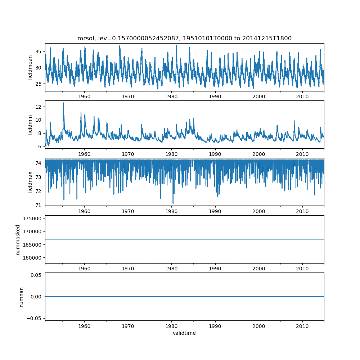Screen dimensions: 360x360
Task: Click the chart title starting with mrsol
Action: pyautogui.click(x=184, y=38)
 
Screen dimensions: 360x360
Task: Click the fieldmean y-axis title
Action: pyautogui.click(x=30, y=68)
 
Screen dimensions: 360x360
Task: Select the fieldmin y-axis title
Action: pyautogui.click(x=30, y=125)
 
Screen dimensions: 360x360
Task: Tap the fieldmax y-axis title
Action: pyautogui.click(x=30, y=182)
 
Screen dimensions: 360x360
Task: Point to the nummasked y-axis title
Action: pyautogui.click(x=18, y=239)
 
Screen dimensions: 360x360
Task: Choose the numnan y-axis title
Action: pyautogui.click(x=21, y=297)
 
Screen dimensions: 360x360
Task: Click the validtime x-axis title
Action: pyautogui.click(x=184, y=333)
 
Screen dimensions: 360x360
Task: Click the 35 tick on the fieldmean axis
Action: pyautogui.click(x=38, y=51)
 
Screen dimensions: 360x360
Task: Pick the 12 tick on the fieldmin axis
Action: pyautogui.click(x=38, y=107)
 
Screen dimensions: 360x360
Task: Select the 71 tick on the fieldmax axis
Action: pyautogui.click(x=38, y=205)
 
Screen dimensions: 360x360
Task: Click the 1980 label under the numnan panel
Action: pyautogui.click(x=171, y=326)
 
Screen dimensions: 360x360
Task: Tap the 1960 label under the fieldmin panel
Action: pyautogui.click(x=84, y=154)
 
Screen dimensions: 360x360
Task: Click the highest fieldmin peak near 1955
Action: pyautogui.click(x=63, y=103)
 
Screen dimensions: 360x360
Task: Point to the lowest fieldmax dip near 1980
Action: pyautogui.click(x=173, y=203)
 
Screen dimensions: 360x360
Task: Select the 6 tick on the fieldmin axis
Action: pyautogui.click(x=40, y=147)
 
